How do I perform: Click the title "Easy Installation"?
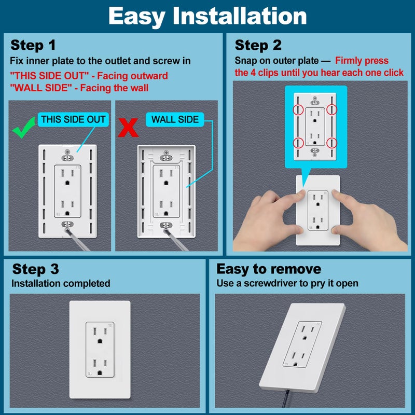tap(208, 17)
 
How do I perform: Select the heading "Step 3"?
tap(35, 269)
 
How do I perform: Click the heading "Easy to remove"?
tap(269, 269)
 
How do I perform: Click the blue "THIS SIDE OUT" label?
tap(73, 119)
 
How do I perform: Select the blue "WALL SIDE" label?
tap(175, 119)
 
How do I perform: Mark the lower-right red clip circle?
tap(333, 142)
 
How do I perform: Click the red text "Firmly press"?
tap(362, 61)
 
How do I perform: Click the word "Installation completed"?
tap(61, 283)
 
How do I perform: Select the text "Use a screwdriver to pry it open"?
tap(287, 283)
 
